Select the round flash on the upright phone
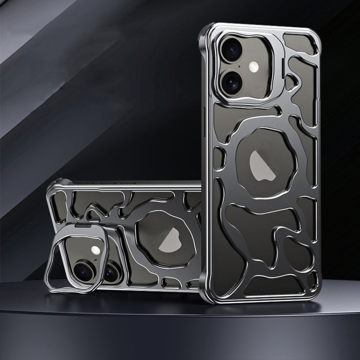[x=261, y=66]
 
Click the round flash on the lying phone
[x=96, y=250]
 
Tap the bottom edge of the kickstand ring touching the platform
[x=62, y=290]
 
